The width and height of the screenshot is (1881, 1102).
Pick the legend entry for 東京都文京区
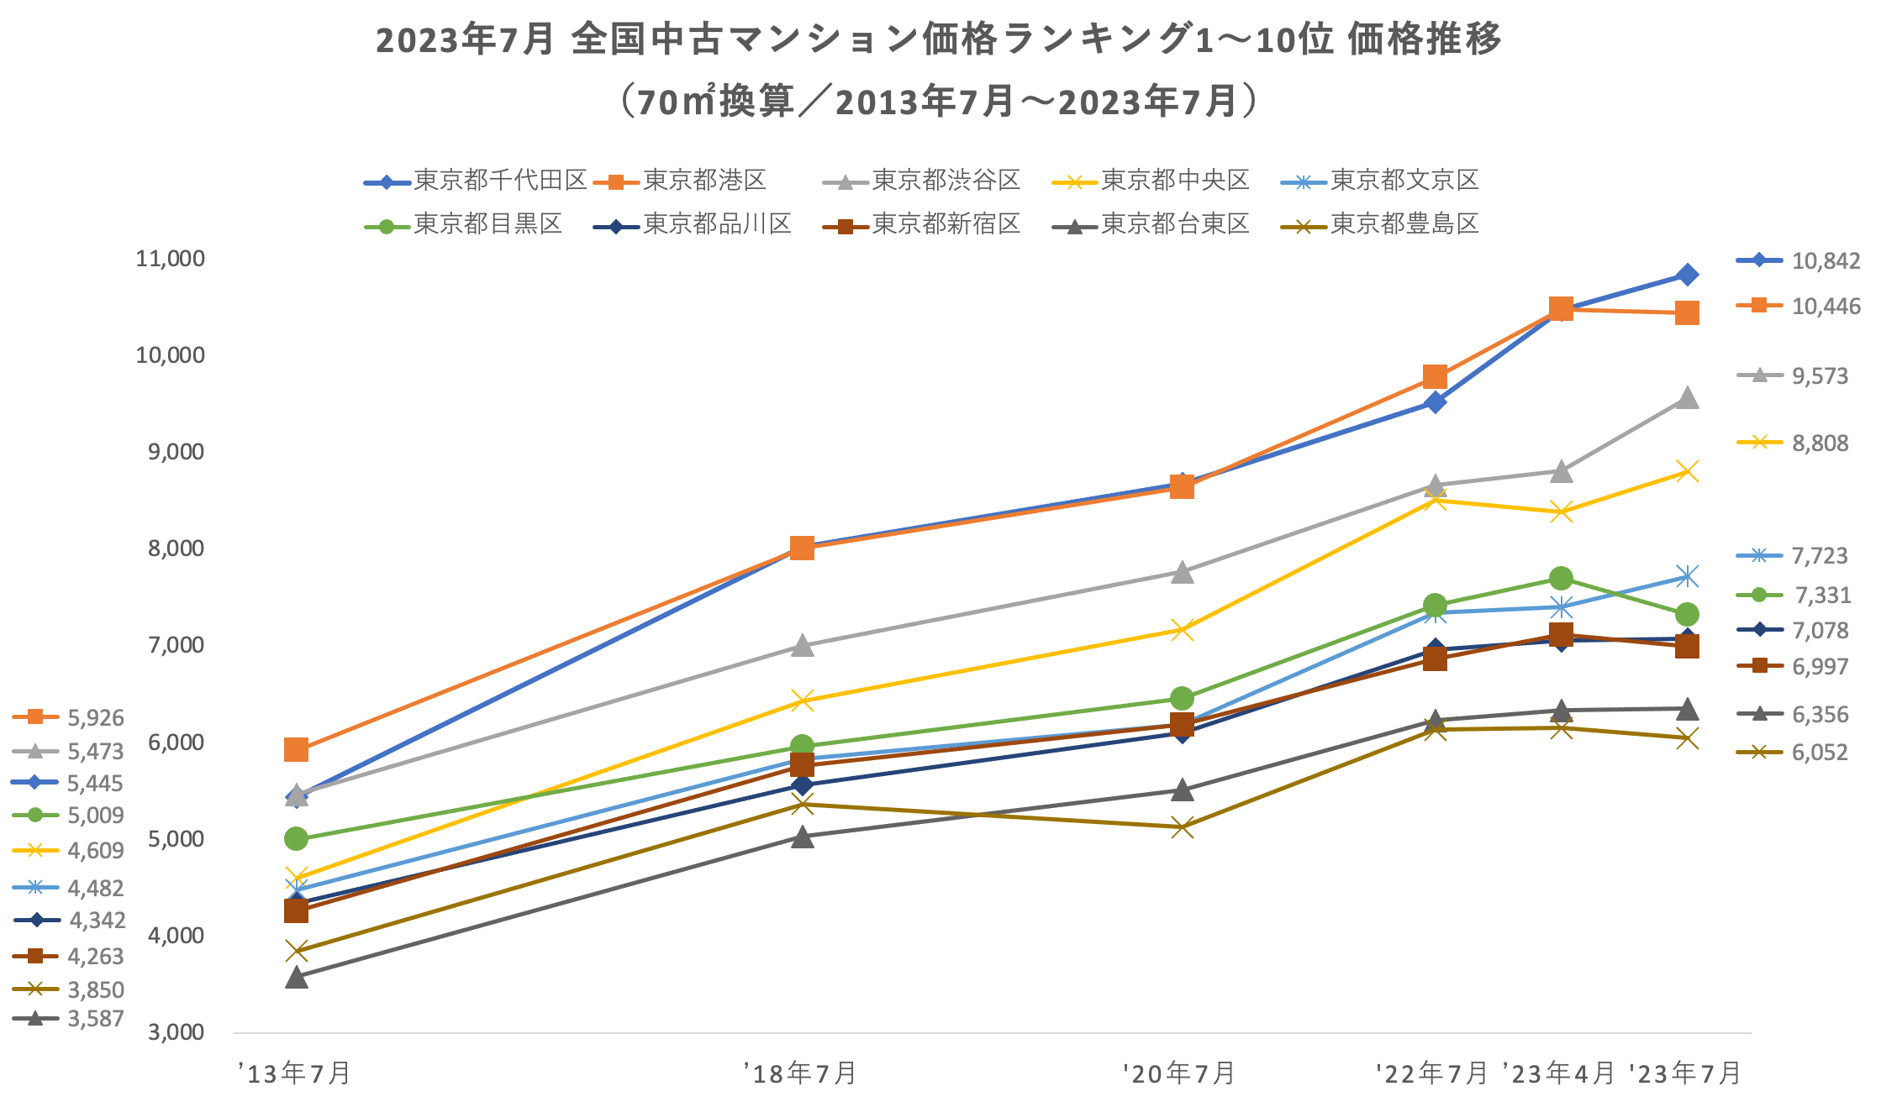[x=1404, y=181]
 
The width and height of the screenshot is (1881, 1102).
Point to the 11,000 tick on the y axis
[x=170, y=259]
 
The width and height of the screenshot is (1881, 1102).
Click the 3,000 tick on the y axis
[x=176, y=1032]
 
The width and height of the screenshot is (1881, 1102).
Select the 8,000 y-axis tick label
[x=176, y=548]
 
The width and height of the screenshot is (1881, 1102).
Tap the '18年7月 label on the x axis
[x=800, y=1073]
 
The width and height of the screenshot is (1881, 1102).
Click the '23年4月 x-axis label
[x=1559, y=1073]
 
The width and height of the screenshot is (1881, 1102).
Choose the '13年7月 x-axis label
[x=294, y=1073]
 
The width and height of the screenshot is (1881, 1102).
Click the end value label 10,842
[x=1826, y=261]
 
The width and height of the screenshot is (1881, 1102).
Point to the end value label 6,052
[x=1820, y=753]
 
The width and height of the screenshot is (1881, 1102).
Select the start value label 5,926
[x=96, y=718]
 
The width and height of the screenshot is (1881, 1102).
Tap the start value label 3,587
[x=96, y=1019]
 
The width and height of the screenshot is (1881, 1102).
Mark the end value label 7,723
[x=1820, y=556]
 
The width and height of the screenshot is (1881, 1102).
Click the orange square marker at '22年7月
[x=1435, y=376]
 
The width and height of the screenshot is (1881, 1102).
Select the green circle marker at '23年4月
[x=1561, y=579]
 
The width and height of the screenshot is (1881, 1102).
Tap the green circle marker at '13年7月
[x=296, y=838]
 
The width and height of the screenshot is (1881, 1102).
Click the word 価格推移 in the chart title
[x=1425, y=39]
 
